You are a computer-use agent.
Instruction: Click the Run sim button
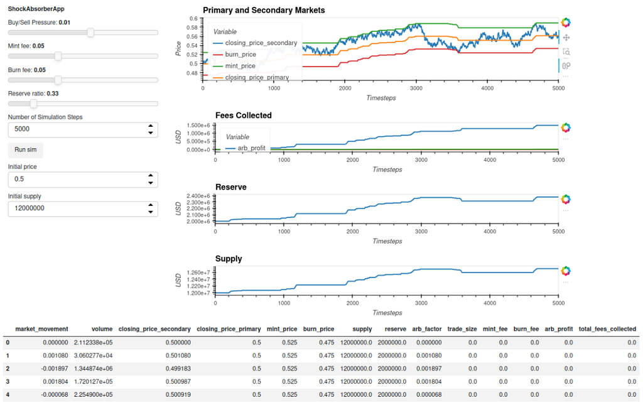point(25,150)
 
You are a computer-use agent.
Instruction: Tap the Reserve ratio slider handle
point(34,104)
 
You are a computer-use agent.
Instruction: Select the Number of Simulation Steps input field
point(83,129)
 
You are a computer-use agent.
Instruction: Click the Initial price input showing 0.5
point(83,180)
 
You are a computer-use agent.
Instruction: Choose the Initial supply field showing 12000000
point(83,208)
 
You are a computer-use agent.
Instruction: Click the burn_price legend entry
point(235,55)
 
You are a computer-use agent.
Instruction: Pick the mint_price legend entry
point(234,66)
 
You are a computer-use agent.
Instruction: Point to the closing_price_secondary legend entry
point(255,43)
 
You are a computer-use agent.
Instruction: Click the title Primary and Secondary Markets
point(264,11)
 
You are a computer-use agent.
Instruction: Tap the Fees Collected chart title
point(244,116)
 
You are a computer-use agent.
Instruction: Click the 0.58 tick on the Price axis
point(193,28)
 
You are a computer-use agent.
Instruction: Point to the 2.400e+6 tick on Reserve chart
point(199,196)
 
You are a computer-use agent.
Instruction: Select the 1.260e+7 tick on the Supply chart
point(199,273)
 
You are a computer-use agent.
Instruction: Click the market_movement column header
point(42,329)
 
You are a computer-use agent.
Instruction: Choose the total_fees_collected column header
point(607,329)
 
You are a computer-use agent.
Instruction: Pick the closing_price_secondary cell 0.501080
point(178,356)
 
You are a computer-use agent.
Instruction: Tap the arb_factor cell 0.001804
point(429,382)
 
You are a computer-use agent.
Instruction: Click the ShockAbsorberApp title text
point(36,9)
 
